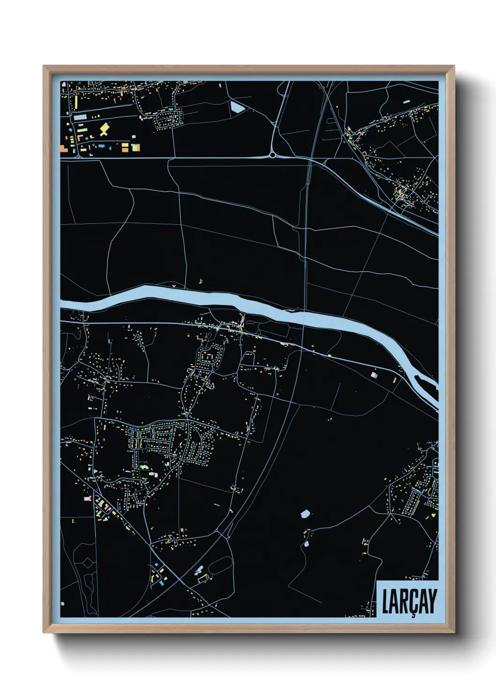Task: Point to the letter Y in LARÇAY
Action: point(432,601)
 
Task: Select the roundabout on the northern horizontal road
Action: point(272,155)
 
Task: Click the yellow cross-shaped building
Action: point(104,129)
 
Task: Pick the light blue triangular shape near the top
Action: point(237,107)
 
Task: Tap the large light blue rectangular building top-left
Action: point(80,117)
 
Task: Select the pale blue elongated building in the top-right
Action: point(406,101)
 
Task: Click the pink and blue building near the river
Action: point(374,375)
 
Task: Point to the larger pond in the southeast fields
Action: point(305,514)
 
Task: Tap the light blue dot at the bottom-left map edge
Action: point(62,603)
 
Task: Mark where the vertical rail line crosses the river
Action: point(304,316)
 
